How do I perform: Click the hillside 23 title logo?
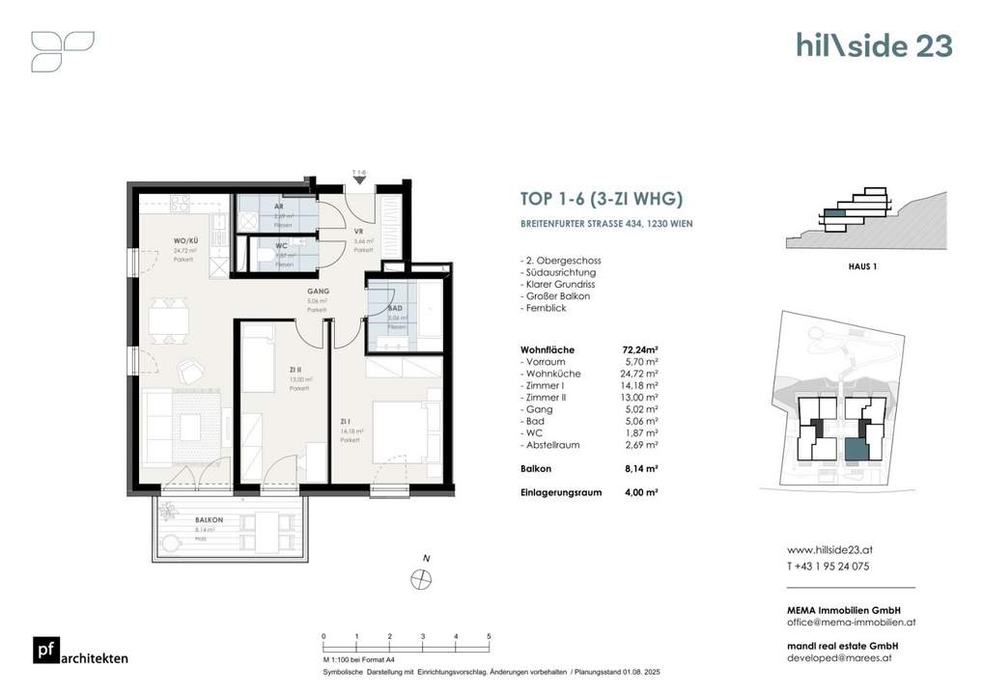click(x=873, y=45)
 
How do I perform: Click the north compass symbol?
click(x=420, y=578)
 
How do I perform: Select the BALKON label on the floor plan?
click(x=182, y=519)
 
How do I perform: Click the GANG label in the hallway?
click(x=320, y=291)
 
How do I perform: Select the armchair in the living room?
click(x=190, y=369)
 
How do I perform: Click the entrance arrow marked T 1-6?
click(x=358, y=178)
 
